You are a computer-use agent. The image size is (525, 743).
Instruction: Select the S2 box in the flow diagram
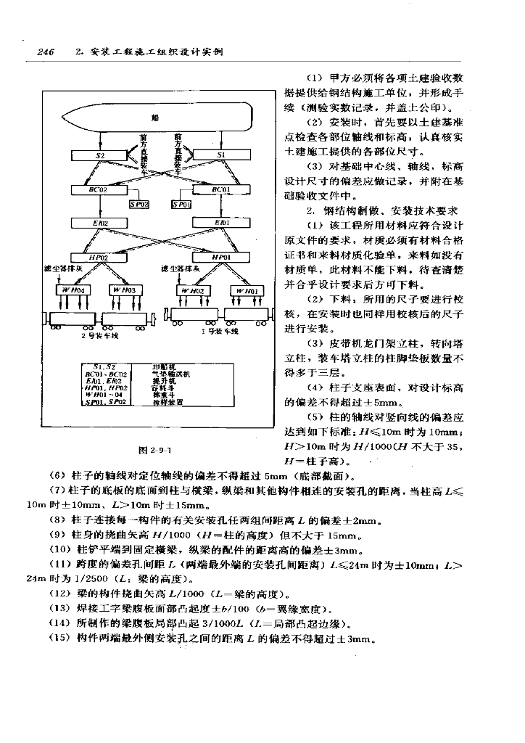[x=100, y=155]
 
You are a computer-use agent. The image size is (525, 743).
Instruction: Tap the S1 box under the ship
[x=222, y=155]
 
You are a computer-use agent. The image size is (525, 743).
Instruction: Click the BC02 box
[x=100, y=189]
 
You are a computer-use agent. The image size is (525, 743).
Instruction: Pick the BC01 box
[x=222, y=189]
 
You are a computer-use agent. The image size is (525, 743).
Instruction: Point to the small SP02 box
[x=139, y=205]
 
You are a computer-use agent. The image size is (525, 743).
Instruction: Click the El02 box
[x=100, y=222]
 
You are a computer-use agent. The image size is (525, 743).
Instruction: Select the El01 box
[x=222, y=222]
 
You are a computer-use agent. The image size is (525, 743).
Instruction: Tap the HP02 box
[x=100, y=257]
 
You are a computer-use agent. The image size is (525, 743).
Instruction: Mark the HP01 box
[x=222, y=257]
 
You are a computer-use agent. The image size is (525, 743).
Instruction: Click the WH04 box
[x=73, y=290]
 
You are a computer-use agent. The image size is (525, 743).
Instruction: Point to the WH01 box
[x=245, y=290]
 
